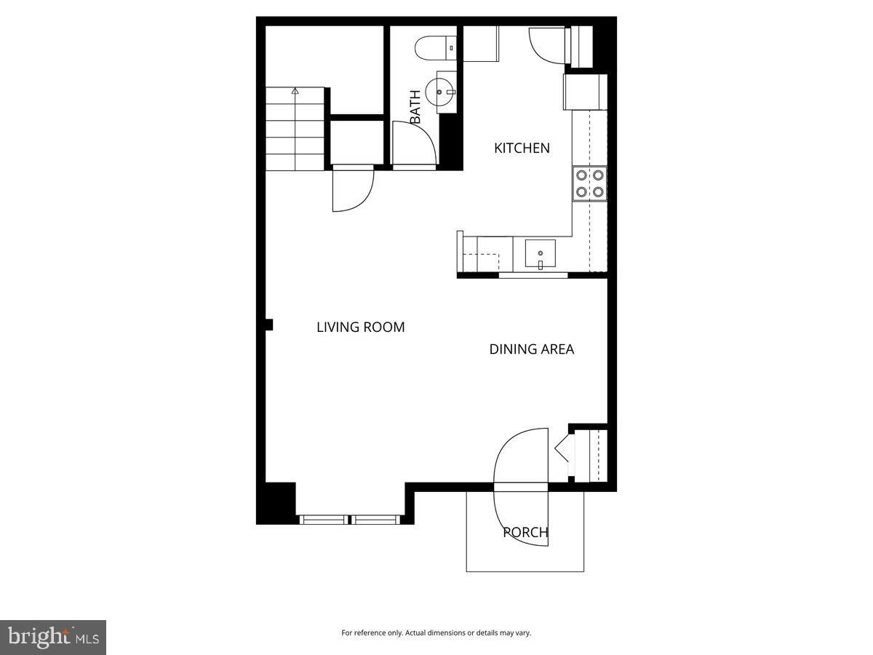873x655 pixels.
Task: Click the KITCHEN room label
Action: pyautogui.click(x=522, y=148)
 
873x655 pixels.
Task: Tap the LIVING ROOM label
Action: pyautogui.click(x=360, y=327)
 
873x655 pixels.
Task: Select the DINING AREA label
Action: pyautogui.click(x=531, y=349)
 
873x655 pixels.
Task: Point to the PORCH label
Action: pyautogui.click(x=525, y=533)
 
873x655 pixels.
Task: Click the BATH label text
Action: pyautogui.click(x=415, y=107)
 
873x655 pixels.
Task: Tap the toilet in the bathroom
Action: pyautogui.click(x=434, y=48)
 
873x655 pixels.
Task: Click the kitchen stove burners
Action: pyautogui.click(x=589, y=183)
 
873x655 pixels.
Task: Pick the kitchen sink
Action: pyautogui.click(x=540, y=254)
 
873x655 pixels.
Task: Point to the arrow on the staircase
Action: pyautogui.click(x=295, y=92)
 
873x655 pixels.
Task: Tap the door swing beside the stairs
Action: pyautogui.click(x=353, y=189)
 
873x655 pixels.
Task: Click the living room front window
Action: pyautogui.click(x=350, y=520)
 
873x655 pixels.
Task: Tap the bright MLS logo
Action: pyautogui.click(x=53, y=637)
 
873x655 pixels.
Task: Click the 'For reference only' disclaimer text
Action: pyautogui.click(x=436, y=633)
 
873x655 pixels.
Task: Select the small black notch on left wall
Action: pyautogui.click(x=268, y=325)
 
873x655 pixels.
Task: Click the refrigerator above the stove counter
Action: pyautogui.click(x=585, y=92)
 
